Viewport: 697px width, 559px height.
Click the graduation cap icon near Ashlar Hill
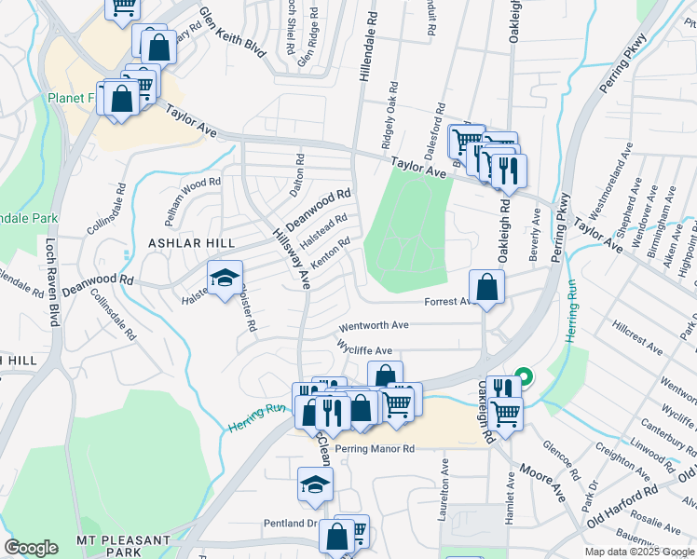coord(225,279)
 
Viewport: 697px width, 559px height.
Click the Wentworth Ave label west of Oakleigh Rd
coord(374,326)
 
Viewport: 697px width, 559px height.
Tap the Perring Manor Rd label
coord(375,449)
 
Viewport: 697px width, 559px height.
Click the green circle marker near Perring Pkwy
coord(525,378)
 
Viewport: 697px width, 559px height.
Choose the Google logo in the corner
coord(32,548)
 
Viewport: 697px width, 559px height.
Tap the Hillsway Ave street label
coord(291,258)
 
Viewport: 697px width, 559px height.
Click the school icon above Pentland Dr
coord(316,484)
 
